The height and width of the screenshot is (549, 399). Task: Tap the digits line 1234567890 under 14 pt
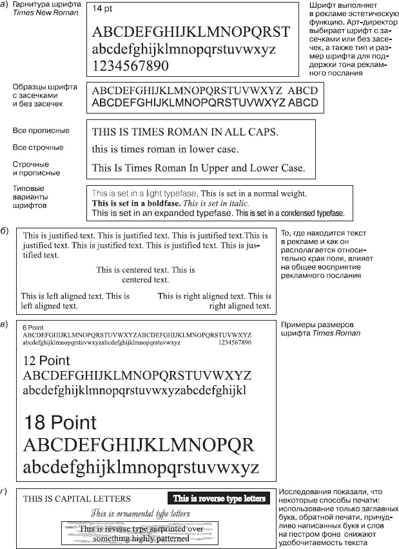[x=131, y=65]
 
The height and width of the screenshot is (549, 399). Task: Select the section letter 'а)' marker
[x=5, y=5]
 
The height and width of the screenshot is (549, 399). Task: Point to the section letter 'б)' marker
[x=5, y=230]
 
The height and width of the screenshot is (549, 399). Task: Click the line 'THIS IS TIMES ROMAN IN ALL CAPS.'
[x=185, y=132]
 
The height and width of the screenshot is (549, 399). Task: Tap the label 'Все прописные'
[x=41, y=131]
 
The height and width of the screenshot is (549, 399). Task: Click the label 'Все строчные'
[x=38, y=148]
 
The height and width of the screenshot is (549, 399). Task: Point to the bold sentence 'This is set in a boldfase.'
[x=136, y=203]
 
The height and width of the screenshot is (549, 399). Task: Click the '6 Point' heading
[x=34, y=328]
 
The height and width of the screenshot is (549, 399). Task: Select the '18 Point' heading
[x=59, y=423]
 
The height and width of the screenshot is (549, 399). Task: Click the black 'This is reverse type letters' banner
[x=219, y=498]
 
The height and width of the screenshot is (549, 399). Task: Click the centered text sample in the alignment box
[x=146, y=275]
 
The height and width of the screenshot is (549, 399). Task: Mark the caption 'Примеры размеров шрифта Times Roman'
[x=320, y=328]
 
